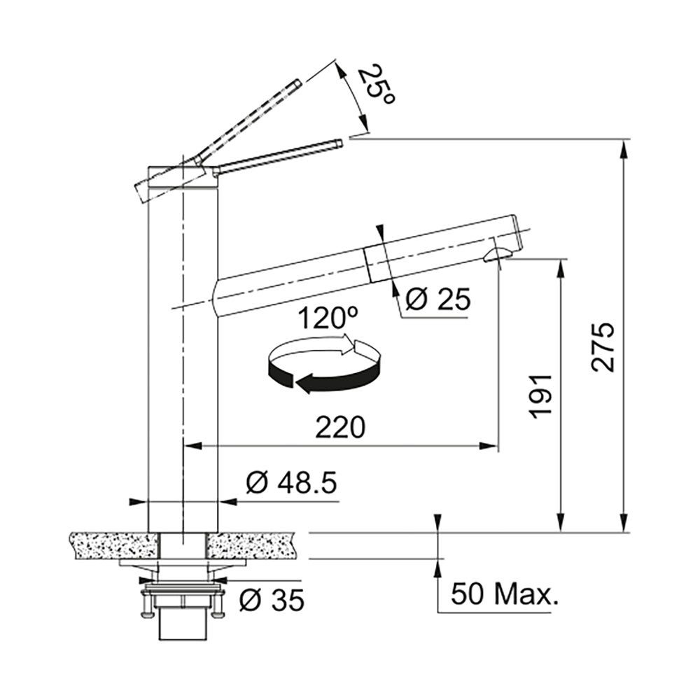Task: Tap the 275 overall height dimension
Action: point(603,346)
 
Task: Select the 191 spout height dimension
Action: point(540,396)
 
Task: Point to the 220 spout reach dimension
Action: point(340,427)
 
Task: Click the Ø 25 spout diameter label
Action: point(438,299)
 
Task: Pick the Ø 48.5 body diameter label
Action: point(291,482)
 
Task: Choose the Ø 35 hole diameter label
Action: point(272,600)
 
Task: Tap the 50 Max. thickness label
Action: point(505,594)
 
